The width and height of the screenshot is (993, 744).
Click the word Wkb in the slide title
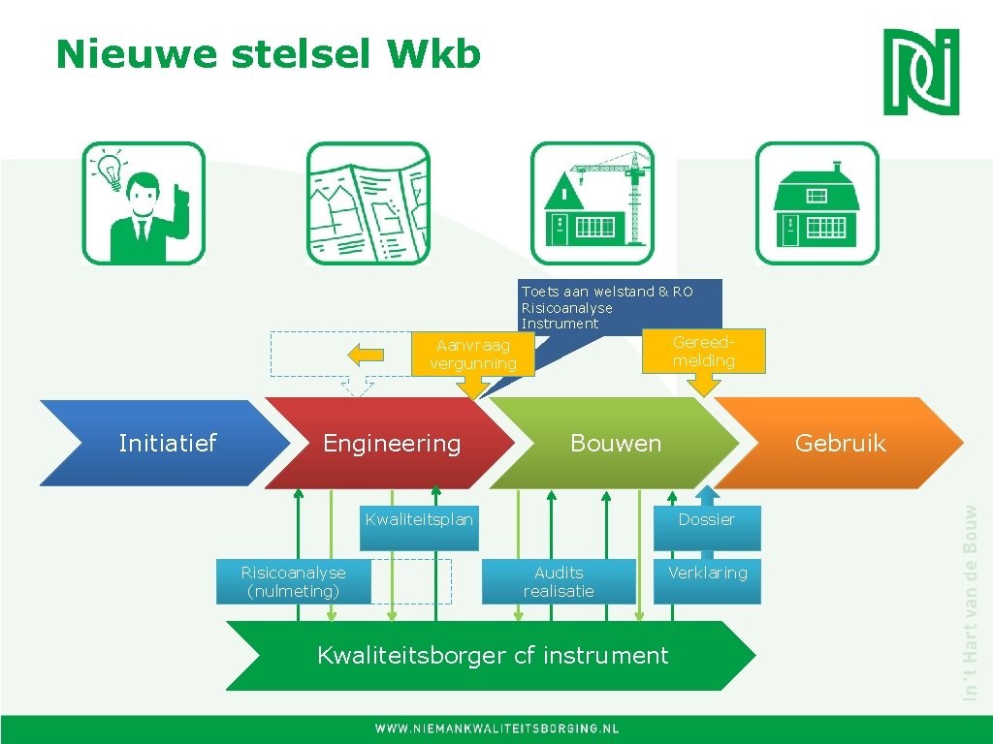pyautogui.click(x=434, y=55)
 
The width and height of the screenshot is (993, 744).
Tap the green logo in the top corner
pyautogui.click(x=920, y=72)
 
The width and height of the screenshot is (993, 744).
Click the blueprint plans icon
pyautogui.click(x=368, y=203)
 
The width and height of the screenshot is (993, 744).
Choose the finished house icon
pyautogui.click(x=817, y=203)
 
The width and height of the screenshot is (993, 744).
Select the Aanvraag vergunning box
pyautogui.click(x=473, y=355)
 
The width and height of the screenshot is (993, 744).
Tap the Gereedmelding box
pyautogui.click(x=704, y=351)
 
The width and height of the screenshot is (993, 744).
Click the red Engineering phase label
pyautogui.click(x=392, y=443)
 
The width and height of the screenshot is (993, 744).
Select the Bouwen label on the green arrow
pyautogui.click(x=616, y=443)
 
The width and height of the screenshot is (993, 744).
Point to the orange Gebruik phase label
pyautogui.click(x=840, y=443)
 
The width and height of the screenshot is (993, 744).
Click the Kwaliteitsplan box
pyautogui.click(x=419, y=519)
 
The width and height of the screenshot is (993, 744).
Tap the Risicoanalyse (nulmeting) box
pyautogui.click(x=293, y=581)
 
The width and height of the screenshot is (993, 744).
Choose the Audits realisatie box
pyautogui.click(x=559, y=581)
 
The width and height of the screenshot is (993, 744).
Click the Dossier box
pyautogui.click(x=707, y=520)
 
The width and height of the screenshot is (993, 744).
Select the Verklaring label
pyautogui.click(x=708, y=573)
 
